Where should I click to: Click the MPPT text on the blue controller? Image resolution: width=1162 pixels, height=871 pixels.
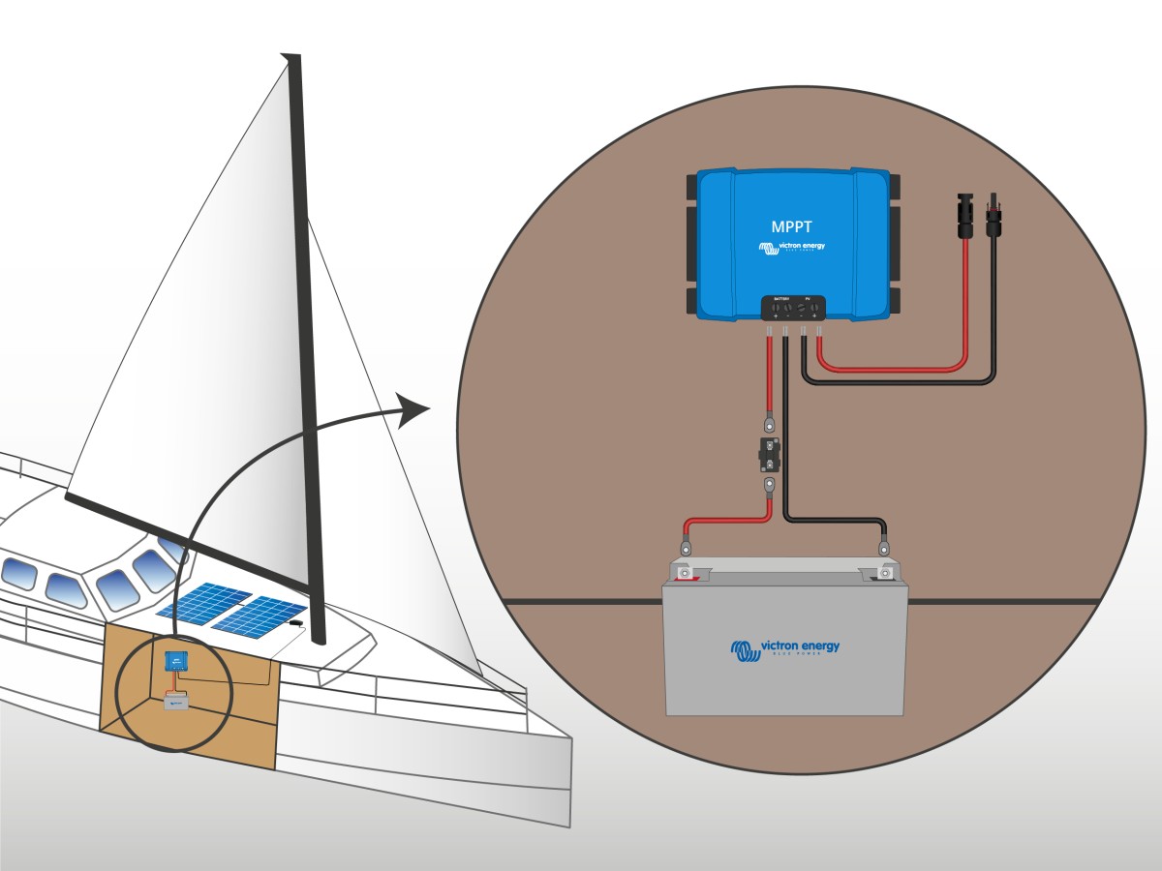tap(793, 227)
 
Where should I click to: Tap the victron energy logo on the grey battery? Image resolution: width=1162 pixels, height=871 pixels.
tap(785, 648)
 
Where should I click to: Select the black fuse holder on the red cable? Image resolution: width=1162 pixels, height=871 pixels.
tap(769, 452)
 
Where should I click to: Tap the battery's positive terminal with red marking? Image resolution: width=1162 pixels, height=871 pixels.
tap(686, 574)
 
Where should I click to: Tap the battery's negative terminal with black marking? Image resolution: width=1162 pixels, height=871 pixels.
tap(884, 574)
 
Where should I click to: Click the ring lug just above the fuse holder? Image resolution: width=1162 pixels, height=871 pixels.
tap(769, 423)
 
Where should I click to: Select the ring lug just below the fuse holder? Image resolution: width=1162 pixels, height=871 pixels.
tap(769, 483)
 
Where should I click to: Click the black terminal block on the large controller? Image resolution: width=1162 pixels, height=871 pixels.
tap(794, 307)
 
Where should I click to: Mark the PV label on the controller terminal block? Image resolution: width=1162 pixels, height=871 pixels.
tap(810, 299)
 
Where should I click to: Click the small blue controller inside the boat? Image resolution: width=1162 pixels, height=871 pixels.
tap(175, 661)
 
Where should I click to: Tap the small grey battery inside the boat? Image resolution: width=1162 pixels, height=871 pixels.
tap(176, 701)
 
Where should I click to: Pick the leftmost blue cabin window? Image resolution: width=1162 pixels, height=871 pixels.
tap(18, 573)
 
